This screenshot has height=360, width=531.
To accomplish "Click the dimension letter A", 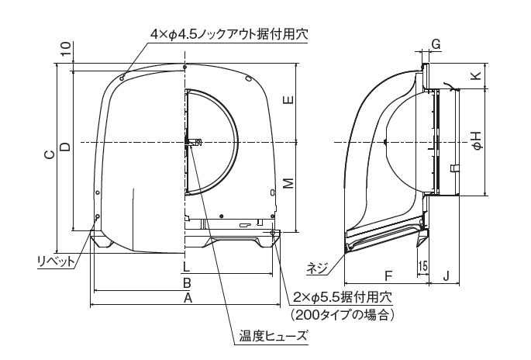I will (187, 299).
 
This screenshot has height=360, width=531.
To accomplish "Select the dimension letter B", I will (187, 284).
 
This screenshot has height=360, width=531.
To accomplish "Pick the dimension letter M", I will (288, 183).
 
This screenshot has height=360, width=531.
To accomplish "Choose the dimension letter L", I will (186, 268).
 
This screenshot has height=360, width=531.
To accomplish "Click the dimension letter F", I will (388, 274).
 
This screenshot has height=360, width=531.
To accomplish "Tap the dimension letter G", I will (436, 46).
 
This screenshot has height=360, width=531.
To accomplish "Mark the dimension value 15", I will (422, 265).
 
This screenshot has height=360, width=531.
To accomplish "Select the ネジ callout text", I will (317, 268).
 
